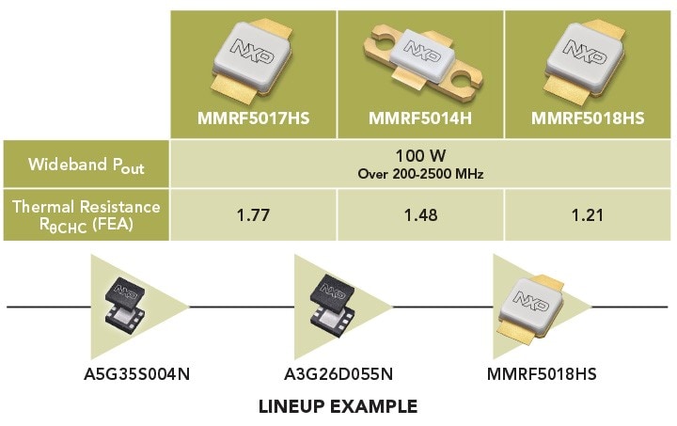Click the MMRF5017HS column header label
point(253,119)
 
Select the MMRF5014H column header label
point(420,119)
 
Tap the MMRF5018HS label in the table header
point(590,119)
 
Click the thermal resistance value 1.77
point(253,215)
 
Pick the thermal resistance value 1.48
point(420,215)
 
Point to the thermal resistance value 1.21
point(589,215)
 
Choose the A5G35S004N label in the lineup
point(136,374)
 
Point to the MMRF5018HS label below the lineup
point(542,374)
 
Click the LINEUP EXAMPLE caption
point(338,407)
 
